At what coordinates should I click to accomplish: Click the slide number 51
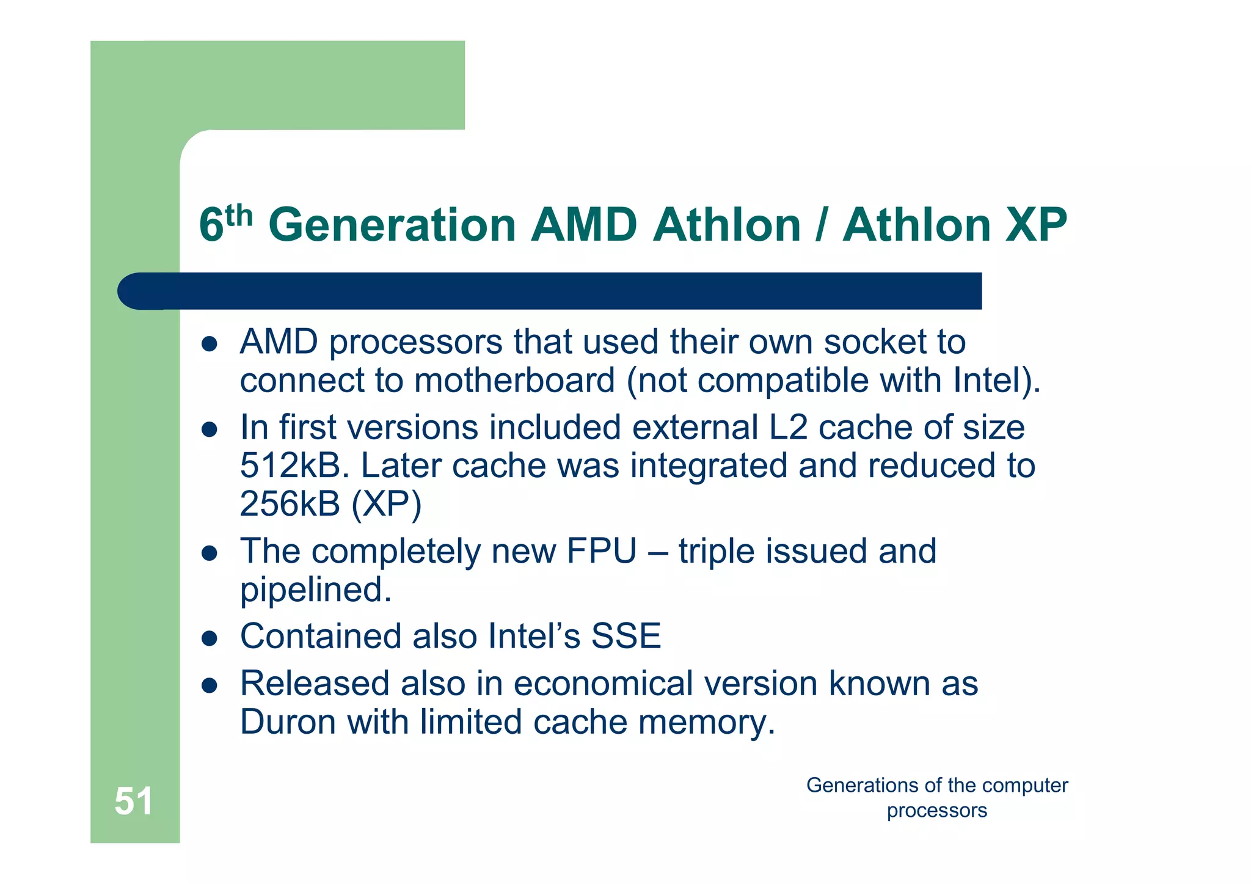[133, 801]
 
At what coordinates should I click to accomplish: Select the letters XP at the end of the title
[1037, 225]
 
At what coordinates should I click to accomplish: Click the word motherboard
[514, 380]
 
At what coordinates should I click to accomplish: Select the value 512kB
[290, 466]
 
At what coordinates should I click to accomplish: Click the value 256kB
[290, 504]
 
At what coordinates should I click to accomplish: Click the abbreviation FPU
[601, 551]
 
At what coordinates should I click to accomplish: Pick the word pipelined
[315, 590]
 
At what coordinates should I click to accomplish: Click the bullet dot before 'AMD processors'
[210, 344]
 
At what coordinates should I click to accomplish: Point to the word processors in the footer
[936, 811]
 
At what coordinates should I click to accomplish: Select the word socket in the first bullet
[875, 342]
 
